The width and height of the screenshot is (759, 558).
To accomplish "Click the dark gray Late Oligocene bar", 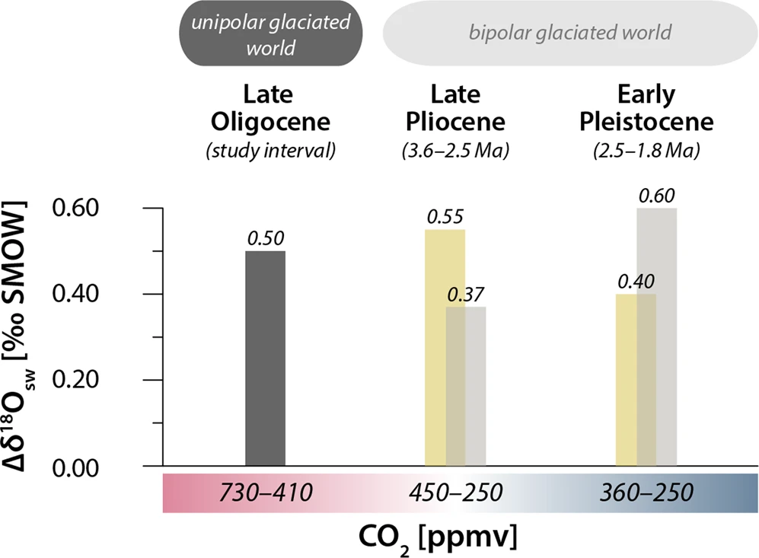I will [x=265, y=358].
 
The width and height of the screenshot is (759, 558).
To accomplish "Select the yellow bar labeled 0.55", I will [x=435, y=346].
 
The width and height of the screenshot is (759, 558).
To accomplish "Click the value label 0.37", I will [x=466, y=295].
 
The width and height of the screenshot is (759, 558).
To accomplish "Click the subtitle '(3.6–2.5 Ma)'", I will [x=454, y=151].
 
